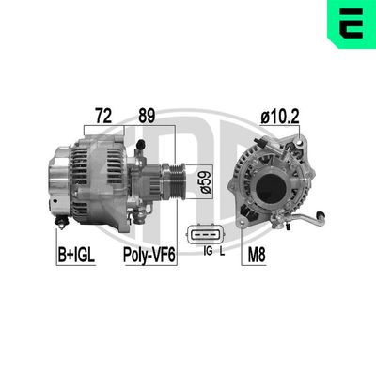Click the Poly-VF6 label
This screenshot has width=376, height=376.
[149, 254]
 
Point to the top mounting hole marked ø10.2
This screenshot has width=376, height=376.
[302, 142]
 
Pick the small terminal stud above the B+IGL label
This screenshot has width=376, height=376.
[63, 221]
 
